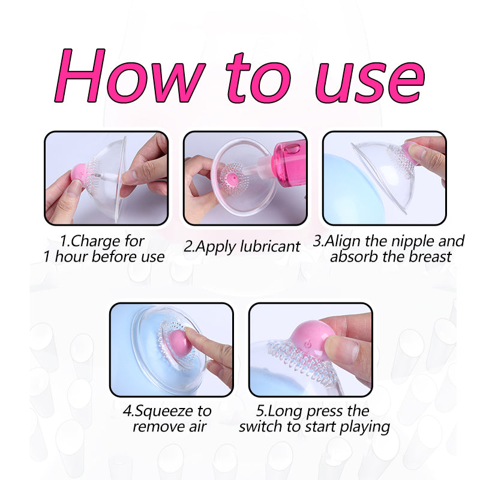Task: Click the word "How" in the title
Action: [x=130, y=76]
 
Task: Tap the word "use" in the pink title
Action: [x=370, y=83]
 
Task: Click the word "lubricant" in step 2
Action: [x=270, y=246]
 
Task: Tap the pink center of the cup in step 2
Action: [x=232, y=179]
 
